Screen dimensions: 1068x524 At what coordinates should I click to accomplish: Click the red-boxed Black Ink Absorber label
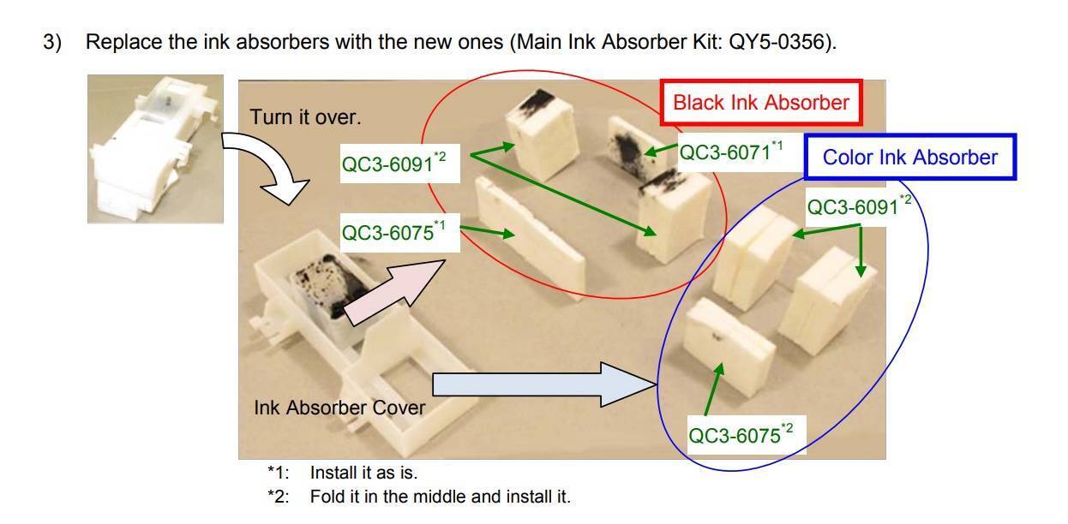[x=761, y=103]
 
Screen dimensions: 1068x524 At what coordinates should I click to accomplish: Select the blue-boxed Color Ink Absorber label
[x=910, y=158]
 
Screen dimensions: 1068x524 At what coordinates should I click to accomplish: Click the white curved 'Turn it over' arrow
[x=265, y=168]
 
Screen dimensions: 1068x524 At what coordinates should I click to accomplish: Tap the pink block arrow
[x=393, y=292]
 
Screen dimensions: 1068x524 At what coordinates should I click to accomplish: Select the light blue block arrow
[x=544, y=384]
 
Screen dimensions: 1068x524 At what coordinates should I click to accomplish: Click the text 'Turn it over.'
[x=305, y=117]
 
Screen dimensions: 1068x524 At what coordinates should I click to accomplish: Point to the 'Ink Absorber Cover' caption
[x=339, y=408]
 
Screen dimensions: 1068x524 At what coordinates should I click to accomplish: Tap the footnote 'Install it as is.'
[x=363, y=473]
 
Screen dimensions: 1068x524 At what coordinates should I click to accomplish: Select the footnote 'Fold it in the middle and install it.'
[x=440, y=497]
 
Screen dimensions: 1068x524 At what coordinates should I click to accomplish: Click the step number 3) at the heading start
[x=52, y=42]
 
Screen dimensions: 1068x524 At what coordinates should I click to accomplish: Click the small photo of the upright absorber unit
[x=155, y=149]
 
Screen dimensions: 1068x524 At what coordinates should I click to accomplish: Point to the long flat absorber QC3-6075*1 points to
[x=531, y=238]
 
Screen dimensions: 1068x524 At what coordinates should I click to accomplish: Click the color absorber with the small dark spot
[x=729, y=347]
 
